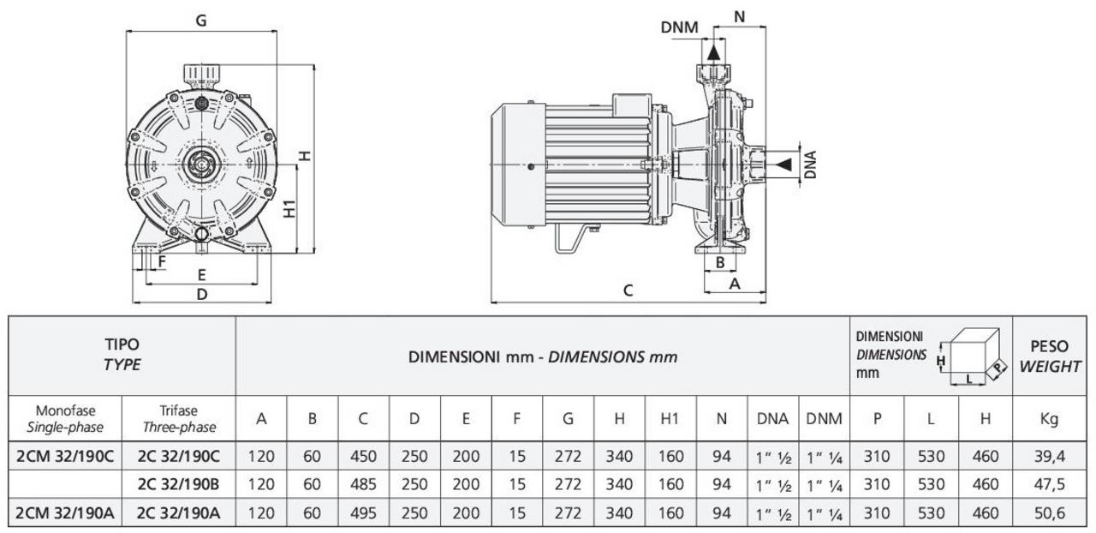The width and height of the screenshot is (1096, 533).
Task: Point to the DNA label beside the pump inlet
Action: click(x=810, y=164)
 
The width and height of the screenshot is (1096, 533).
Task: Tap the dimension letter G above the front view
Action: click(x=201, y=21)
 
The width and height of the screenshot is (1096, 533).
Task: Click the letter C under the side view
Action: click(x=628, y=290)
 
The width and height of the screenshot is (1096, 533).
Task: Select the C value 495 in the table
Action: click(x=363, y=513)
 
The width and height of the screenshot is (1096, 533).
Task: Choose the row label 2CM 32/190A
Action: click(x=65, y=513)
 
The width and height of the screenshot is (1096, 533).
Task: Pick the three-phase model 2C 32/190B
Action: click(x=178, y=484)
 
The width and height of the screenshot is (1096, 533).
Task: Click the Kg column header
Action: click(x=1049, y=419)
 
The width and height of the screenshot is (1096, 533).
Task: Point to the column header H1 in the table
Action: click(x=670, y=419)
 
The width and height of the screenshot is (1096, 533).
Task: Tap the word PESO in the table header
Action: click(x=1050, y=347)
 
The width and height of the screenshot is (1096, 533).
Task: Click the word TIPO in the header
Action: click(x=122, y=345)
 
